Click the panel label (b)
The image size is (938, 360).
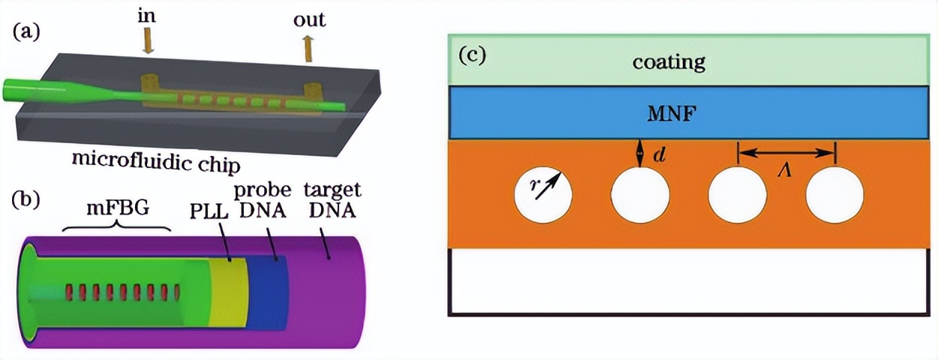(x=26, y=199)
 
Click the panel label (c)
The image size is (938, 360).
(x=471, y=55)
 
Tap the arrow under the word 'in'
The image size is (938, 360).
(x=147, y=40)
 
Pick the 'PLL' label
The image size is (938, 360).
(x=203, y=212)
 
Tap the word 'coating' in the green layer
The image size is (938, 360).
(x=668, y=61)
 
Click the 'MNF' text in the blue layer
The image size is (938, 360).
(x=668, y=113)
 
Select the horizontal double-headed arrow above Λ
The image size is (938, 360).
(x=786, y=153)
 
